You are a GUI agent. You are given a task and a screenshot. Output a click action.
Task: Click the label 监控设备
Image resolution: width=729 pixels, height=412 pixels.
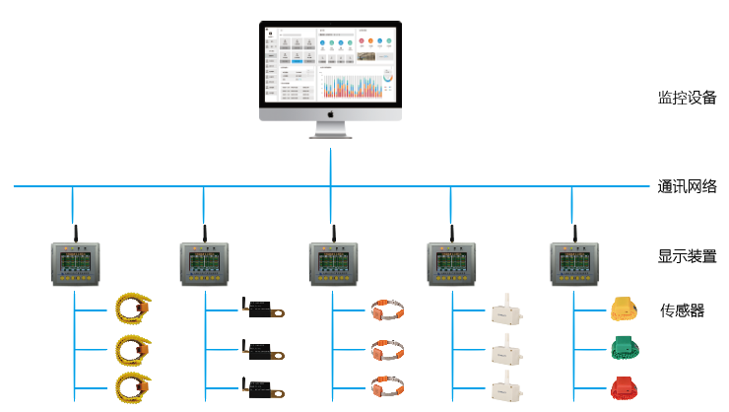click(x=687, y=99)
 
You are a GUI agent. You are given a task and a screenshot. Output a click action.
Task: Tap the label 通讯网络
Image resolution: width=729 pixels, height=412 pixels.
click(x=687, y=185)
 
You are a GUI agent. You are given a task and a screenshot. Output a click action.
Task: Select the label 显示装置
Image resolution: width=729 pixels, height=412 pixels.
click(x=687, y=256)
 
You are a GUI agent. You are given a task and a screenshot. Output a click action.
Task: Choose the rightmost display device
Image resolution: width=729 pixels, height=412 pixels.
click(x=573, y=265)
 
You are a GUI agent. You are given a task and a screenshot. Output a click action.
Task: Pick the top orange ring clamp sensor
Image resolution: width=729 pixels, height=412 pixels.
click(x=386, y=311)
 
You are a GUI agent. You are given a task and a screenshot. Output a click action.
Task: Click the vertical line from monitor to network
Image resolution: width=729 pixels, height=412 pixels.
click(x=331, y=163)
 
